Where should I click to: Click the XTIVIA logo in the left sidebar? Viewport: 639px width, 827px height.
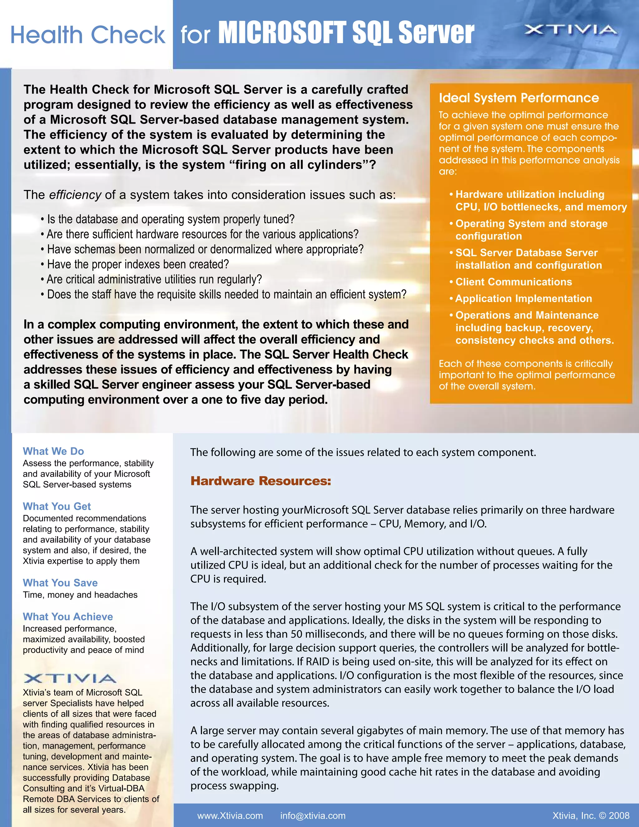(x=70, y=678)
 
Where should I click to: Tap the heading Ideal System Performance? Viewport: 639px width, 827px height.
(x=519, y=98)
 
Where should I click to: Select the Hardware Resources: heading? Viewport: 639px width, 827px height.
(x=261, y=481)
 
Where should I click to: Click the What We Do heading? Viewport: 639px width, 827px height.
(x=53, y=451)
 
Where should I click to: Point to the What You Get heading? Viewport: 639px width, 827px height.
(x=57, y=506)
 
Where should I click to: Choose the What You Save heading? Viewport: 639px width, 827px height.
(x=60, y=583)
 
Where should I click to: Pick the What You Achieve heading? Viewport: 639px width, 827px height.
(x=68, y=616)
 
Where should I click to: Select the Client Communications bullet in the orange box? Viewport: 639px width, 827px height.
(x=513, y=282)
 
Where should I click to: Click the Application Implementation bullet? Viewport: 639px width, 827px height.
(x=523, y=298)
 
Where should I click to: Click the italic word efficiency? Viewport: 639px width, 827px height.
(x=75, y=195)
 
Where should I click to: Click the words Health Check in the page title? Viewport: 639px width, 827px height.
(x=88, y=35)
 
